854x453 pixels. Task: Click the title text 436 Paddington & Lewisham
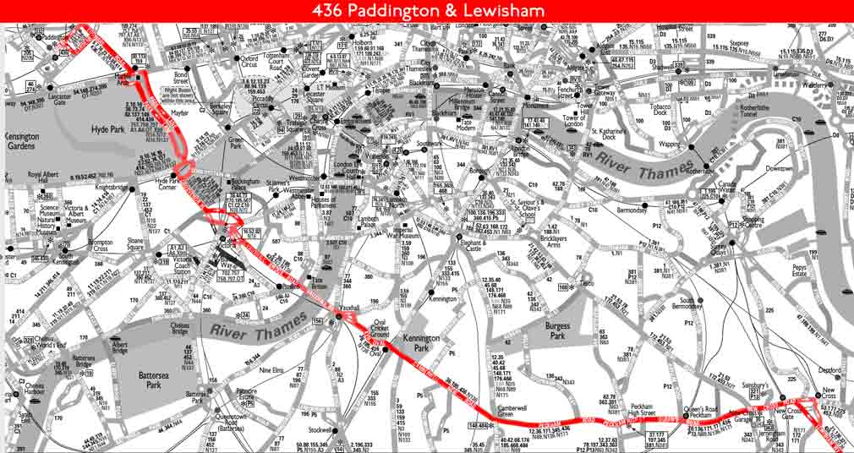427,11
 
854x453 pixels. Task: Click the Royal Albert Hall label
47,179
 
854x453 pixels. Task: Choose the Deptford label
829,369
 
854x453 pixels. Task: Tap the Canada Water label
727,188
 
